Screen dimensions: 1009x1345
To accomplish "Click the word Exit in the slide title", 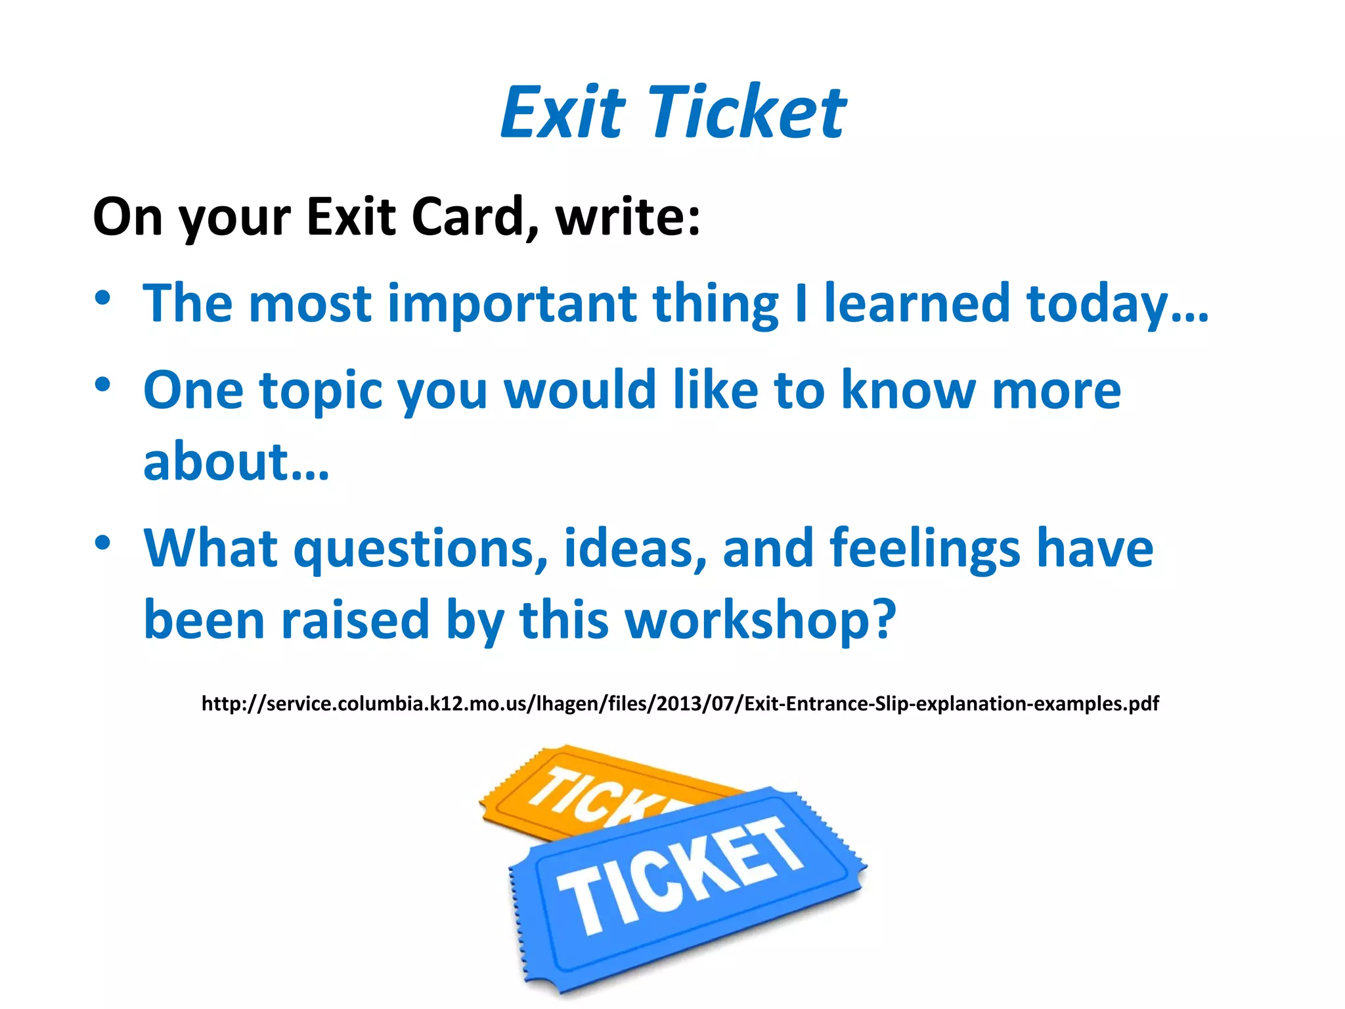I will pos(562,113).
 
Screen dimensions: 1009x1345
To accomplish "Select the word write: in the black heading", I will pos(628,216).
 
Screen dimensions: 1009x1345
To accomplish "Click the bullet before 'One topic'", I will pos(102,385).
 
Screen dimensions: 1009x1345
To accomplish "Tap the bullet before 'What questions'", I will pos(102,543).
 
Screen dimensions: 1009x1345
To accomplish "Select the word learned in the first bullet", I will pos(917,303).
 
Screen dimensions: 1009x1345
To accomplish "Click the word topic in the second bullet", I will pos(321,392).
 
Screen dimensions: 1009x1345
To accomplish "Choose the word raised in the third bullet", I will pos(355,621).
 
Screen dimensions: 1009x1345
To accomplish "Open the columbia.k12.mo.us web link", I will pos(680,704).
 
